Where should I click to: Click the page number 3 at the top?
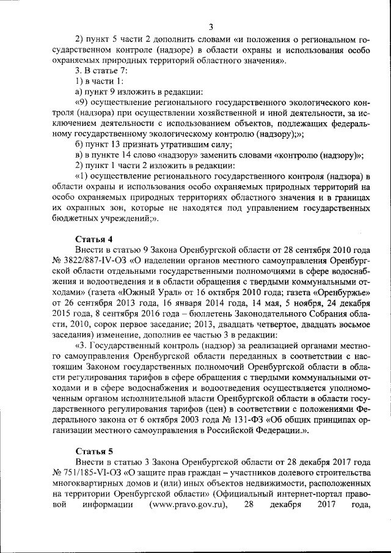[x=211, y=26]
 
